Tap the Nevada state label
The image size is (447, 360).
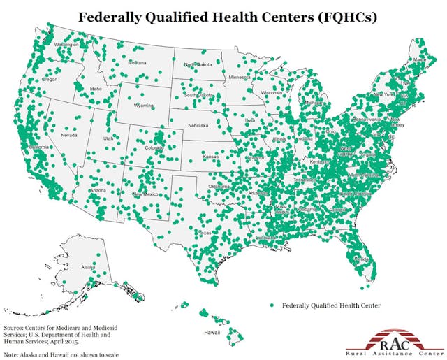click(x=68, y=135)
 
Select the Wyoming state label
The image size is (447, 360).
click(x=144, y=106)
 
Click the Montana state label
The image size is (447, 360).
click(x=137, y=63)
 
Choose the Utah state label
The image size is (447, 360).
click(x=108, y=138)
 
